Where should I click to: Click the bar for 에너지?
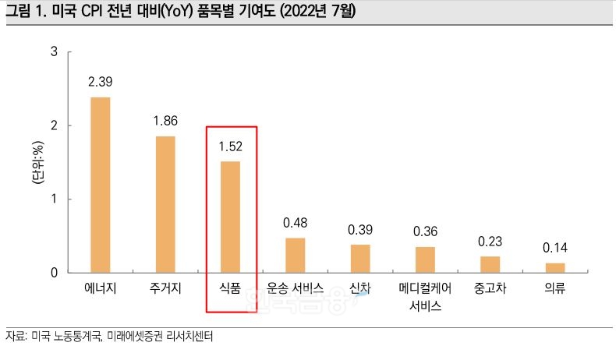pyautogui.click(x=101, y=185)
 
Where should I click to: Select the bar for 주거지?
pyautogui.click(x=165, y=204)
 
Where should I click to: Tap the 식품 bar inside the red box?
pyautogui.click(x=230, y=217)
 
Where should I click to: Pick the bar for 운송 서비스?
pyautogui.click(x=295, y=255)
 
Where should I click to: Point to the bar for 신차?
pyautogui.click(x=360, y=258)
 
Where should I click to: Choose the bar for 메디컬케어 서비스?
pyautogui.click(x=425, y=259)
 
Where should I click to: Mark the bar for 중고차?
pyautogui.click(x=490, y=264)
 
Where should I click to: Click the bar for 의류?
pyautogui.click(x=555, y=267)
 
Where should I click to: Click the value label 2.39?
pyautogui.click(x=101, y=81)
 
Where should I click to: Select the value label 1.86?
pyautogui.click(x=165, y=120)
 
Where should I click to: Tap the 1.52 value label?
pyautogui.click(x=230, y=145)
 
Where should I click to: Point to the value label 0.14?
pyautogui.click(x=555, y=248)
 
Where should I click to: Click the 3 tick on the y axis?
pyautogui.click(x=54, y=52)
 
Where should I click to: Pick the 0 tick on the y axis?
pyautogui.click(x=54, y=273)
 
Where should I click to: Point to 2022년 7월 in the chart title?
pyautogui.click(x=315, y=13)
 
